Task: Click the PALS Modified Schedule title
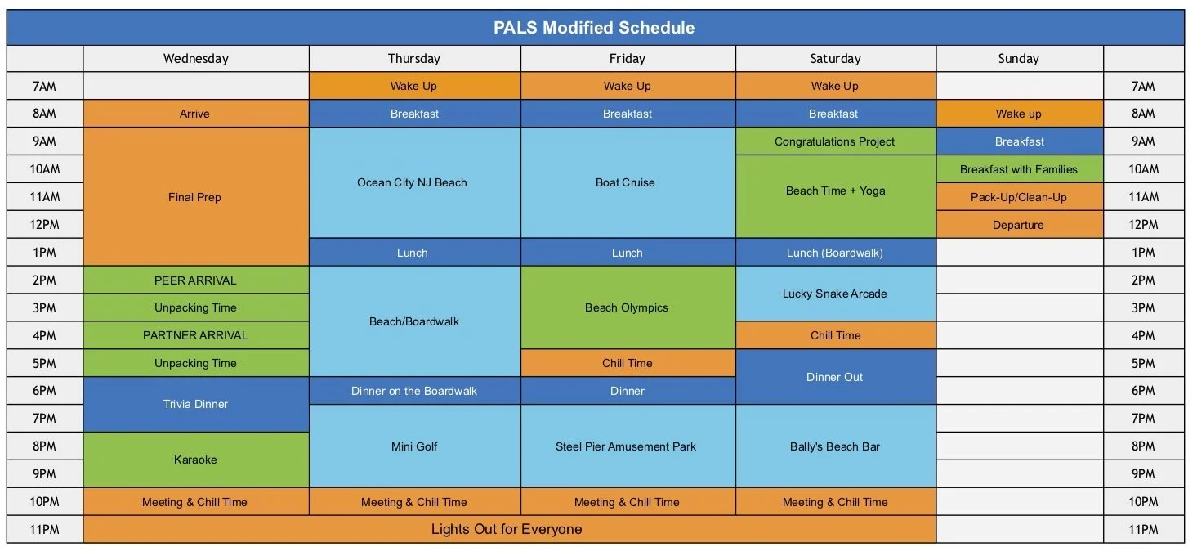click(x=594, y=28)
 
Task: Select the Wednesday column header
click(x=195, y=59)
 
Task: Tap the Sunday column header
click(x=1018, y=59)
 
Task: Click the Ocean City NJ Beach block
click(x=413, y=182)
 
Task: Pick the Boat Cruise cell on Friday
click(x=626, y=182)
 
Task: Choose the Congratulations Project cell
click(x=834, y=141)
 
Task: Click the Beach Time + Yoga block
click(x=835, y=191)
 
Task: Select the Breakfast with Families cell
click(x=1019, y=169)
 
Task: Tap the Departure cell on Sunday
click(x=1018, y=225)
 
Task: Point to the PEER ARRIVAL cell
click(x=195, y=280)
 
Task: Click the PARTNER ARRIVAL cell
click(x=195, y=335)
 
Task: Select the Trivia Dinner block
click(x=195, y=404)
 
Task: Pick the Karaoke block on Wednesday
click(x=195, y=460)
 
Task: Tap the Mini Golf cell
click(x=414, y=446)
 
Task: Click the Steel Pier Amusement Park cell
click(x=626, y=446)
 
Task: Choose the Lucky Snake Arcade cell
click(x=834, y=294)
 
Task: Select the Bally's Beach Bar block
click(x=834, y=446)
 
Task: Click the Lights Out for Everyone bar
click(x=507, y=529)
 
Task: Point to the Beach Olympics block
click(x=627, y=308)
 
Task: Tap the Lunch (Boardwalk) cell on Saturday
click(x=834, y=253)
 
